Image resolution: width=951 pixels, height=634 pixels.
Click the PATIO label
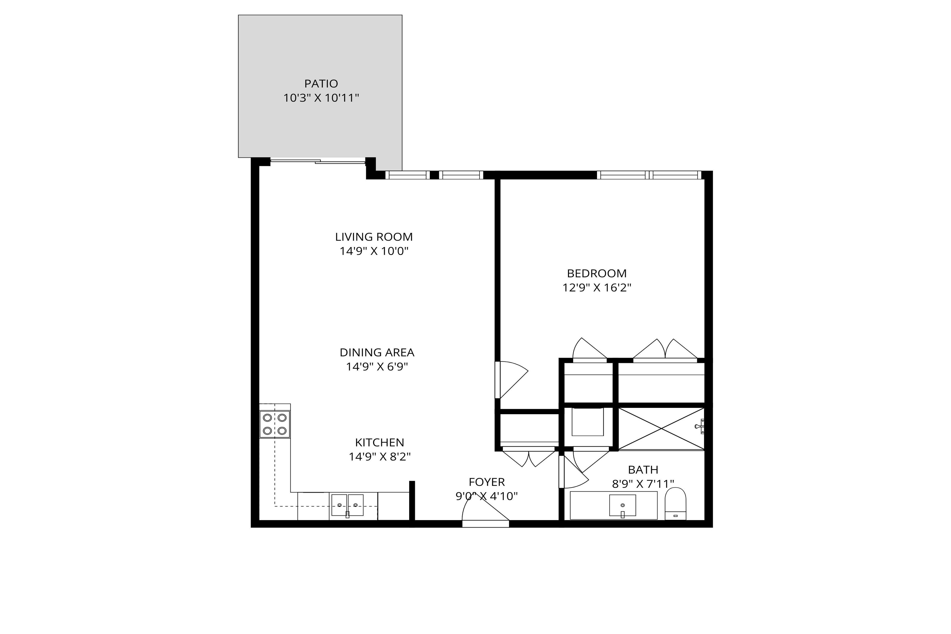(x=321, y=84)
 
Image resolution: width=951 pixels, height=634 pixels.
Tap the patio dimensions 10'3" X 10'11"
(x=321, y=98)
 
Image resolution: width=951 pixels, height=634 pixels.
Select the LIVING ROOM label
(x=374, y=237)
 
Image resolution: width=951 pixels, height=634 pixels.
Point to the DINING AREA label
(x=377, y=353)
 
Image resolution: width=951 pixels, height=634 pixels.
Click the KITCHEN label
(x=380, y=442)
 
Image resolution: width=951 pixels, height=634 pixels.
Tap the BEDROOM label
(x=597, y=273)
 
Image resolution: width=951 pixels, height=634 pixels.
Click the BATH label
(x=643, y=470)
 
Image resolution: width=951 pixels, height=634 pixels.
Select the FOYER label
(x=487, y=482)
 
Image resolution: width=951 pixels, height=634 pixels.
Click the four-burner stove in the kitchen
(x=274, y=424)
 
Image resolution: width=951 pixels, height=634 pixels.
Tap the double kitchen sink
(x=347, y=505)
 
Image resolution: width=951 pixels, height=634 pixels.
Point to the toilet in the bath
(x=676, y=504)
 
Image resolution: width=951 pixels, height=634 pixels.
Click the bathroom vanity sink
(x=623, y=505)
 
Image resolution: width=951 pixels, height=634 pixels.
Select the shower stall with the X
(x=661, y=428)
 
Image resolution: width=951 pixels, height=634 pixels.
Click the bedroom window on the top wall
(x=649, y=175)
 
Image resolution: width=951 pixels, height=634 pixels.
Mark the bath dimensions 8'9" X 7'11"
(x=643, y=484)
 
